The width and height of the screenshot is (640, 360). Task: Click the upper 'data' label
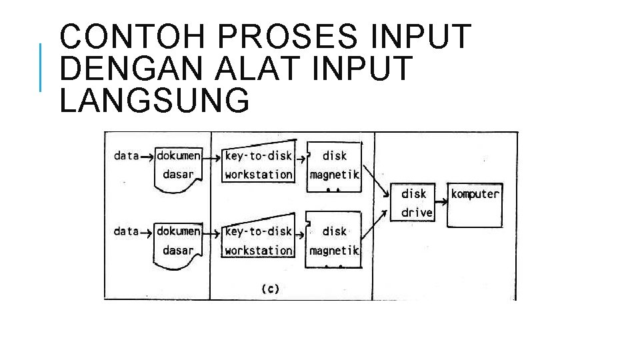coord(126,156)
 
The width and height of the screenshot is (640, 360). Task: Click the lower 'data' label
coord(126,231)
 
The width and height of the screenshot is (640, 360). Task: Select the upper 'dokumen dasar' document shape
coord(178,167)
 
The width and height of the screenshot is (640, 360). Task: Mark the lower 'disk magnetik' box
coord(333,240)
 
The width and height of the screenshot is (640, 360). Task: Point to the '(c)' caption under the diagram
coord(270,289)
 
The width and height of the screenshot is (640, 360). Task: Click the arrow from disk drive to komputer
coord(441,193)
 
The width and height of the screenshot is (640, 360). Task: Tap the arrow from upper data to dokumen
coord(147,156)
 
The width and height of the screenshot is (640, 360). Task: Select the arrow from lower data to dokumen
coord(147,231)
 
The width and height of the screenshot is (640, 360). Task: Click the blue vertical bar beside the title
coord(41,67)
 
